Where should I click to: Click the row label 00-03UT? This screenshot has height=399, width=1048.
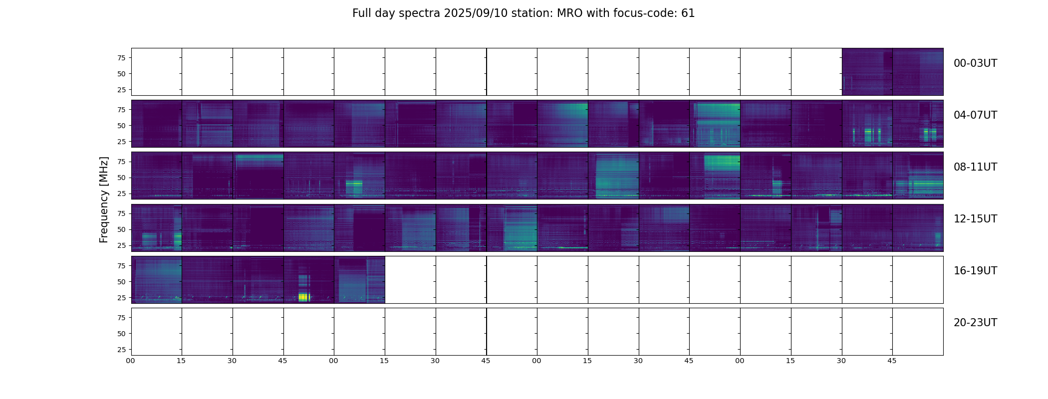(x=975, y=63)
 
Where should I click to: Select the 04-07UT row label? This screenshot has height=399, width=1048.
(x=975, y=115)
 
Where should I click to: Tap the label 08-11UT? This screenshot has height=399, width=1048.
(x=975, y=167)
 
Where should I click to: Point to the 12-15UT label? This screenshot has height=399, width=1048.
(x=975, y=219)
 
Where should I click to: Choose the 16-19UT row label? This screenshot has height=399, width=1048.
(x=975, y=271)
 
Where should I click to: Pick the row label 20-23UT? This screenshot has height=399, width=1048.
(x=975, y=323)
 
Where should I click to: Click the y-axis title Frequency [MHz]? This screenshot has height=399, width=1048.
(x=104, y=199)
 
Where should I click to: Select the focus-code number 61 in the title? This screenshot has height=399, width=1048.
(x=688, y=13)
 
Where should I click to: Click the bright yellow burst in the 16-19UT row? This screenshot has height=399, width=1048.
(x=304, y=297)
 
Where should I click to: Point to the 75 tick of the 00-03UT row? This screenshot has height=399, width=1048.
(x=121, y=58)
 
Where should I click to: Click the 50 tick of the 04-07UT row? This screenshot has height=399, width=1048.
(x=121, y=126)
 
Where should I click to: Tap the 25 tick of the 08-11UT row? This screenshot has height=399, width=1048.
(x=121, y=194)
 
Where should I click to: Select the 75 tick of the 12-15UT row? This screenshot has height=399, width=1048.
(x=121, y=213)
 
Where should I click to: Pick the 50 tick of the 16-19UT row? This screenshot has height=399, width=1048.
(x=121, y=282)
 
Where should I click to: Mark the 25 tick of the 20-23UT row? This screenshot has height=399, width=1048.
(x=121, y=350)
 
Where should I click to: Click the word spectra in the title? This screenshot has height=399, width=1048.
(x=418, y=13)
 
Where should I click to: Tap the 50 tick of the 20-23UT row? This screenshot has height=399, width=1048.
(x=121, y=334)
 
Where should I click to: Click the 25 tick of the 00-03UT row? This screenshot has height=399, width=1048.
(x=121, y=90)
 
